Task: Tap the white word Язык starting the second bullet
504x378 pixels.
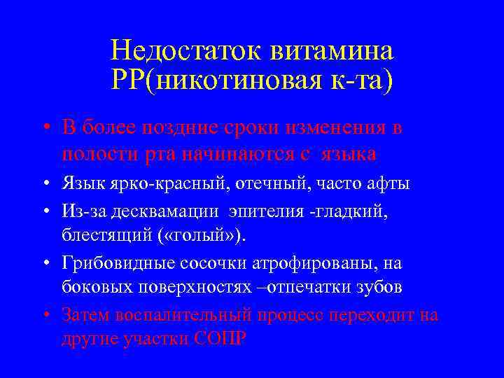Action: click(83, 185)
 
